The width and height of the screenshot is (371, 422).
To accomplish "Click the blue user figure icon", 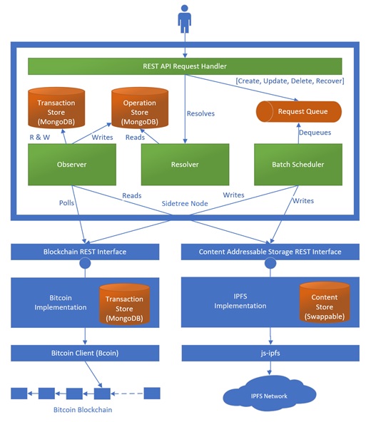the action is (185, 19).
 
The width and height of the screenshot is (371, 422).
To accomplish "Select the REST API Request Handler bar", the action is (185, 66).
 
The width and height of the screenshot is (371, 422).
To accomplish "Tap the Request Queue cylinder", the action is (298, 112).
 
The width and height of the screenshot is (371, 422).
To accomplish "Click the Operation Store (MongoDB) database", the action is (140, 108).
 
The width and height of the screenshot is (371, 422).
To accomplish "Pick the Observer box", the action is (72, 165).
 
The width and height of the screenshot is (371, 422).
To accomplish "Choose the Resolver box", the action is (185, 165).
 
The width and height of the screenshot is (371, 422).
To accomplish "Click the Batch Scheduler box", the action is (298, 165).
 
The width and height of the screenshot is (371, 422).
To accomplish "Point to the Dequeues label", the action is (315, 133).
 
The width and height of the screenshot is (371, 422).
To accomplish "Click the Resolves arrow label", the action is (200, 113).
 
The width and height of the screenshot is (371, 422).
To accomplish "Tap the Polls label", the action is (66, 202).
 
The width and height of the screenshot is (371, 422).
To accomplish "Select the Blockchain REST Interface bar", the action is (85, 252).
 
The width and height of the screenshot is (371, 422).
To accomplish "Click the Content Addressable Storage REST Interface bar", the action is (270, 252).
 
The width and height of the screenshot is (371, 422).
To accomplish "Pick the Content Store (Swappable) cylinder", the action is (325, 302).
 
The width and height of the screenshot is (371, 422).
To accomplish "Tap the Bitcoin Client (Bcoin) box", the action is (85, 353).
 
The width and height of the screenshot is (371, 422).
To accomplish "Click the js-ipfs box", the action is (270, 353).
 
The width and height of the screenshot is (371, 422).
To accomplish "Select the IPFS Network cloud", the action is (270, 393).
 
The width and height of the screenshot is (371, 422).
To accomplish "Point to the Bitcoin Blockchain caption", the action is (83, 410).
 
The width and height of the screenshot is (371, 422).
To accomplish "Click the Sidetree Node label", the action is (185, 203).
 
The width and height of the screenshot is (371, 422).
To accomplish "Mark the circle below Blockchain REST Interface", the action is (85, 263).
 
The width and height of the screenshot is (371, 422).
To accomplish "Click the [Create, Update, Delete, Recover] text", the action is (290, 81).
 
